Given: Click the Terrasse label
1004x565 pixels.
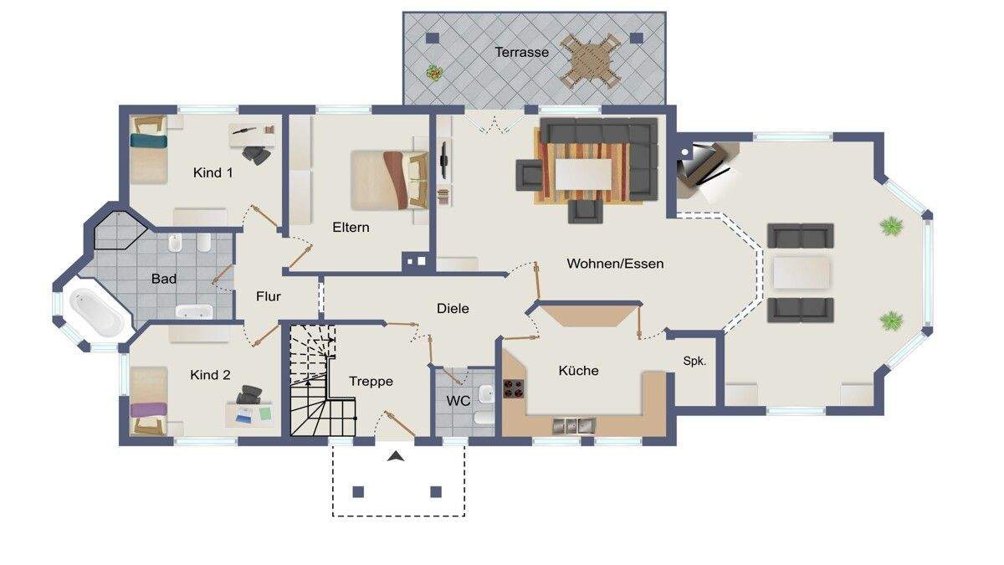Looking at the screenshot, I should pos(521,52).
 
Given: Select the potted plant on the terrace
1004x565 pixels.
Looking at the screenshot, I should pos(433,73).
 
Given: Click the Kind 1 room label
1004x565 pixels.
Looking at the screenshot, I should pos(213,172).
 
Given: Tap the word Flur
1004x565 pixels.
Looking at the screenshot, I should pos(269,296).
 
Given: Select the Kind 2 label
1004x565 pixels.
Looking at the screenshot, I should pos(209,375).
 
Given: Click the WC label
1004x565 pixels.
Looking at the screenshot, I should pos(458,401).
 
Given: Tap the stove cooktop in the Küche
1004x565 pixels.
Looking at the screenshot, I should pos(512,389).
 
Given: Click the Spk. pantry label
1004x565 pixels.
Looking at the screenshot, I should pos(694,362).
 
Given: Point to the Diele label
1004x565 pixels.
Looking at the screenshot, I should pos(453,308).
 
